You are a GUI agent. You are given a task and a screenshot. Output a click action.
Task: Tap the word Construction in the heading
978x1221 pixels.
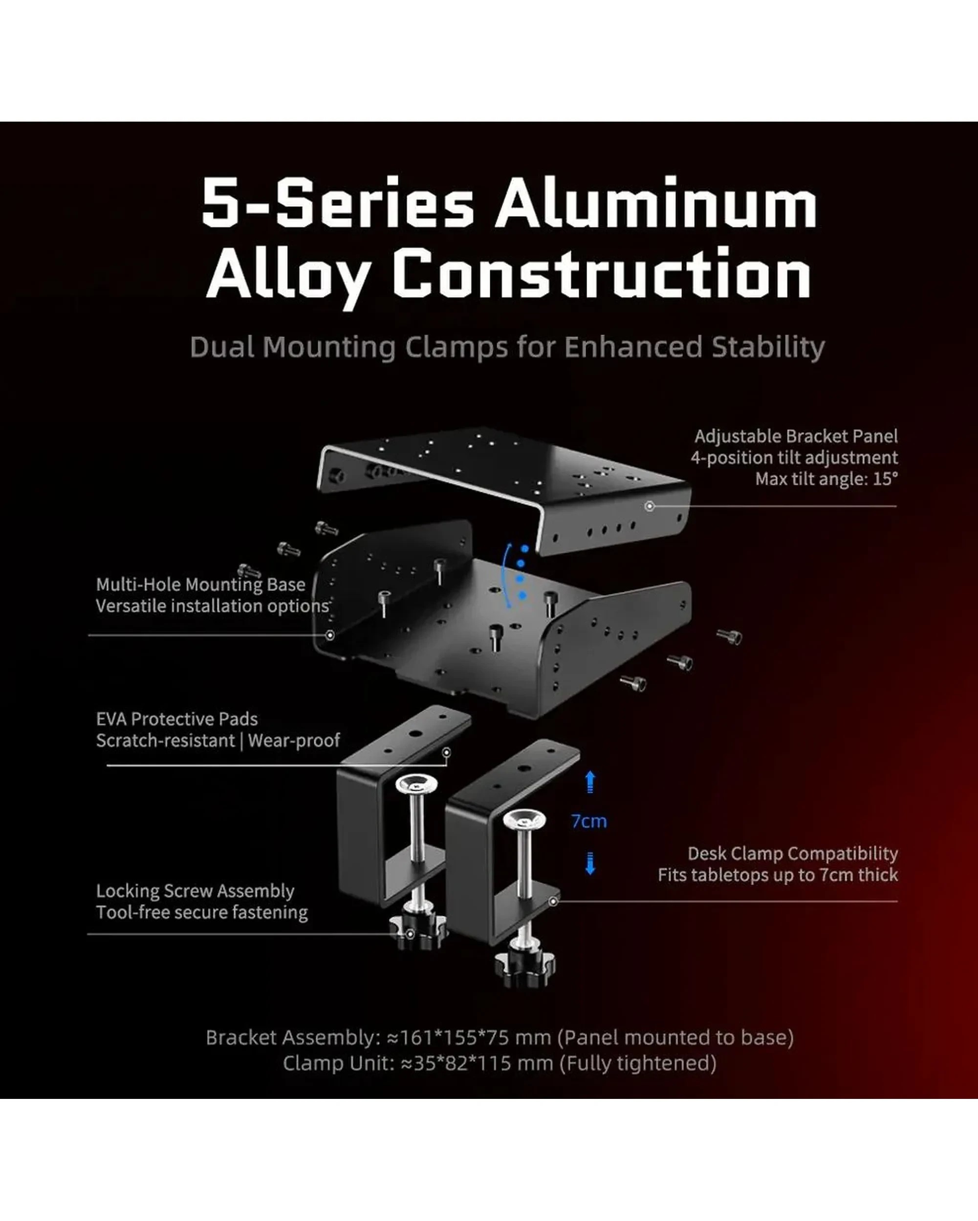click(602, 274)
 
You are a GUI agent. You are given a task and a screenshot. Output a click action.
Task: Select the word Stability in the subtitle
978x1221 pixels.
click(768, 347)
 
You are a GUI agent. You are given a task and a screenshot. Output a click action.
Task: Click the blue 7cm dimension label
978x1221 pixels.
click(589, 821)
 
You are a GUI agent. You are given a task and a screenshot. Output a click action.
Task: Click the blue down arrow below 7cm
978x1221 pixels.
click(590, 863)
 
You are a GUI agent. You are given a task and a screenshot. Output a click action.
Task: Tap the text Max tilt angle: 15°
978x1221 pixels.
click(826, 479)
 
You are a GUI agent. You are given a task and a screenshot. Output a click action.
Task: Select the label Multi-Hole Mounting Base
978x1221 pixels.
click(200, 585)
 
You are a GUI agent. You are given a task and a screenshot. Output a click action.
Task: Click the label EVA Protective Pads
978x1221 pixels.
click(177, 719)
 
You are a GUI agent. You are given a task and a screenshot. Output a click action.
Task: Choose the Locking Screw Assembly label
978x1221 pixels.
click(195, 891)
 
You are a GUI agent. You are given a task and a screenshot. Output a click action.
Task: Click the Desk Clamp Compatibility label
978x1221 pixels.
click(793, 853)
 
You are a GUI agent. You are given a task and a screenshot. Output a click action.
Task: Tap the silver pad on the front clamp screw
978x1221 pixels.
click(524, 819)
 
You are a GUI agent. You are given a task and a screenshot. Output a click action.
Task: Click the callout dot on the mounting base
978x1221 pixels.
click(330, 635)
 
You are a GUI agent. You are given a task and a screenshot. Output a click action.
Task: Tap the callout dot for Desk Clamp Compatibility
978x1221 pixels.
click(554, 901)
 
